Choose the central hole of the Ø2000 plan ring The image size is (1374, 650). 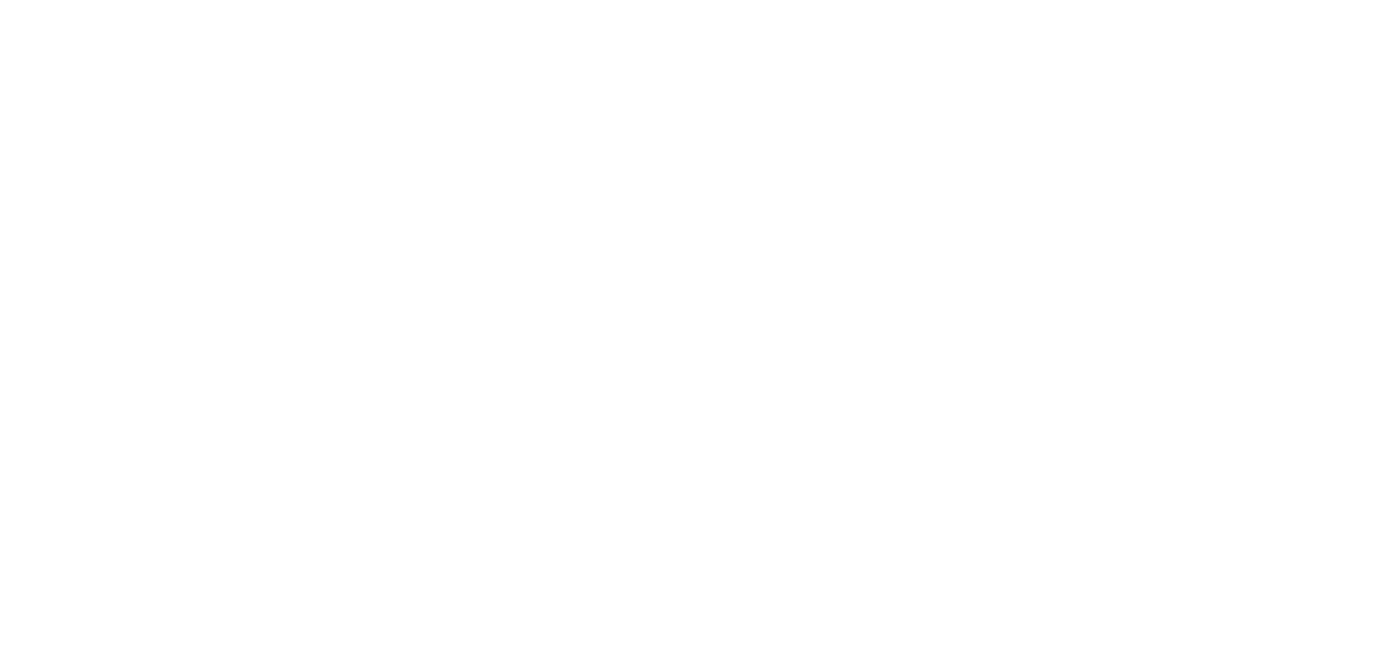click(x=705, y=385)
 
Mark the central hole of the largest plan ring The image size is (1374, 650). click(x=1046, y=385)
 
